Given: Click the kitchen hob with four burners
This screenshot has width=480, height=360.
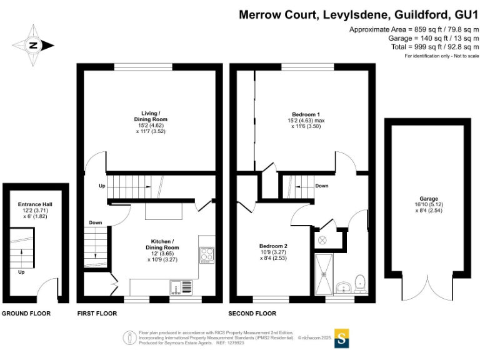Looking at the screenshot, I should pyautogui.click(x=207, y=254).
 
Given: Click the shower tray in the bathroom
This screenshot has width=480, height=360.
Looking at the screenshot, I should pyautogui.click(x=324, y=273).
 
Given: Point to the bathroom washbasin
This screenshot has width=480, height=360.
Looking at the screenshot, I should pyautogui.click(x=341, y=287).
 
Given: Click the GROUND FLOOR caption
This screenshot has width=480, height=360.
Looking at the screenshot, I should pyautogui.click(x=26, y=313).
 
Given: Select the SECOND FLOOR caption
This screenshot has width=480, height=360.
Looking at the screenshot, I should pyautogui.click(x=253, y=313).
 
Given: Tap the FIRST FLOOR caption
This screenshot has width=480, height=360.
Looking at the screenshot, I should pyautogui.click(x=96, y=313).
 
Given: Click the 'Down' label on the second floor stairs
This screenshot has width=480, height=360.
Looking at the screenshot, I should pyautogui.click(x=322, y=186).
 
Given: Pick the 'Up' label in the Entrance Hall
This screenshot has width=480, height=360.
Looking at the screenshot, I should pyautogui.click(x=21, y=272).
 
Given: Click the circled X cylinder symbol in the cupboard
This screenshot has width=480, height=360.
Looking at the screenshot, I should pyautogui.click(x=323, y=240).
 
